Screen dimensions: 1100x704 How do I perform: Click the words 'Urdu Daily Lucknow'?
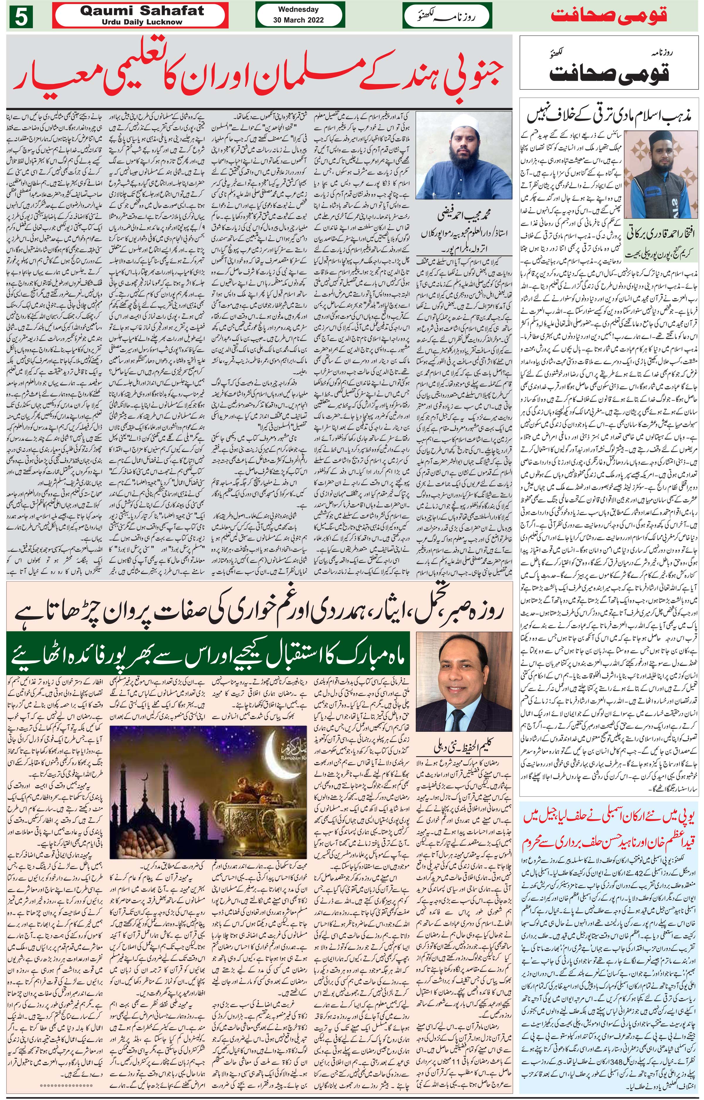pyautogui.click(x=142, y=22)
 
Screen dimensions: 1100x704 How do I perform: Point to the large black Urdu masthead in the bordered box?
pyautogui.click(x=609, y=73)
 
